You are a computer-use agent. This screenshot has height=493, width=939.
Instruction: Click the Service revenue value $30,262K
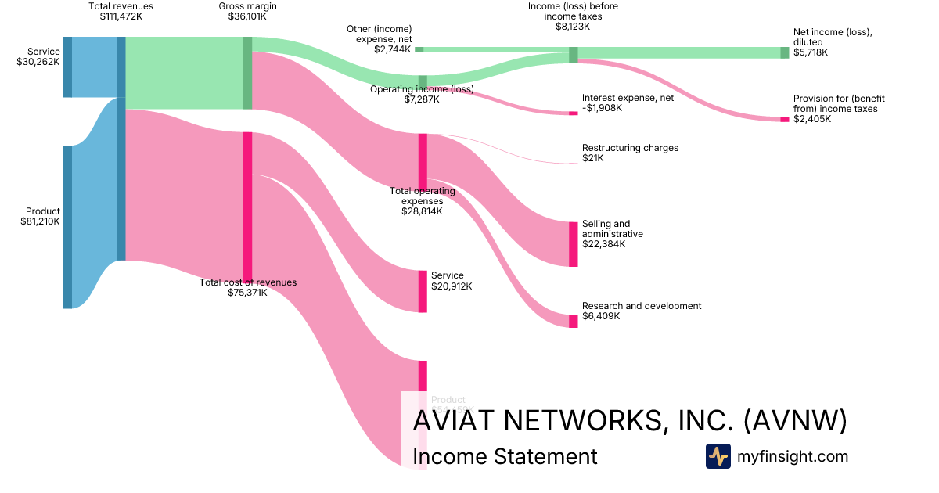pos(38,62)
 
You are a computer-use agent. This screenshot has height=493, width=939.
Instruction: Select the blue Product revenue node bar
pos(67,227)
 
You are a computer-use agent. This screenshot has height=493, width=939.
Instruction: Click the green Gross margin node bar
pos(247,73)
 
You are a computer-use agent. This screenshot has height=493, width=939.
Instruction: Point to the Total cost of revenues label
pos(248,287)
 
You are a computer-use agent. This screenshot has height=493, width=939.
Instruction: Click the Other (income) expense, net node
pos(419,49)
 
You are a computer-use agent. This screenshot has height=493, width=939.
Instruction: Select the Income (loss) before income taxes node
pos(573,55)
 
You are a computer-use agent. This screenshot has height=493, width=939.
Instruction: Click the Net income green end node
pos(784,52)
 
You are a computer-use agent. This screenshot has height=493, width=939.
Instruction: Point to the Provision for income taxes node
pos(784,119)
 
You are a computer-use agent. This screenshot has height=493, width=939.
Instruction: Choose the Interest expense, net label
pos(628,103)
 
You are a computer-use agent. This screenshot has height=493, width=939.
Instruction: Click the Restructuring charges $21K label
pos(630,153)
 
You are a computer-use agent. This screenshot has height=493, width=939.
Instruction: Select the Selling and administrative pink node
pos(573,244)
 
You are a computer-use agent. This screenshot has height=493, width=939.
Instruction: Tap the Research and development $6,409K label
pos(642,311)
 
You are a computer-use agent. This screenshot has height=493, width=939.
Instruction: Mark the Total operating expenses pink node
pos(423,161)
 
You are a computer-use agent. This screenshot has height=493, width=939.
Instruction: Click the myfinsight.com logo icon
pos(718,456)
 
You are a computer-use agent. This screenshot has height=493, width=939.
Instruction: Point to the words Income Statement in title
pos(504,456)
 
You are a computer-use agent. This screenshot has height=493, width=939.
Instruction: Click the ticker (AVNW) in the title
pos(794,420)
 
